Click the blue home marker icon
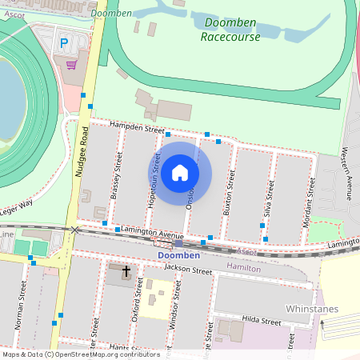[x=180, y=173]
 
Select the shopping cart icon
[x=72, y=64]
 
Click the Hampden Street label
[x=138, y=128]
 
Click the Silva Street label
[x=269, y=198]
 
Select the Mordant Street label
[x=308, y=197]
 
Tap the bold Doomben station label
[x=178, y=255]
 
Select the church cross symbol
[x=126, y=272]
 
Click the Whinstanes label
[x=312, y=309]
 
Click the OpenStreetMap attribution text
[x=80, y=354]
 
